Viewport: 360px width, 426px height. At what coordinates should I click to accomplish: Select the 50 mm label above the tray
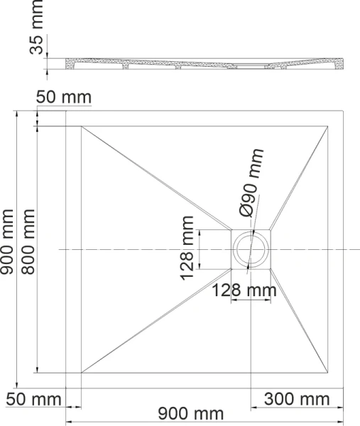[x=63, y=97]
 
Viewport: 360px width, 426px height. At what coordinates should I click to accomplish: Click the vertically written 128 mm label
[x=187, y=248]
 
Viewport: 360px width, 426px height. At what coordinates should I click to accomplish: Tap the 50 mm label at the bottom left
[x=34, y=399]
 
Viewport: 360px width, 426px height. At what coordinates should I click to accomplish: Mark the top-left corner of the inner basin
[x=82, y=126]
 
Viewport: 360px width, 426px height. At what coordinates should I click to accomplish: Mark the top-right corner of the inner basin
[x=329, y=126]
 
